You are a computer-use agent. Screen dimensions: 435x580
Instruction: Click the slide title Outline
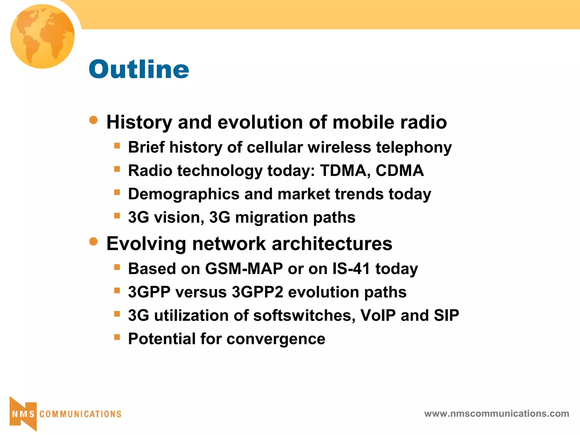click(x=139, y=69)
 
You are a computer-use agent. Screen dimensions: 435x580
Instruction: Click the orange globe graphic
click(x=42, y=36)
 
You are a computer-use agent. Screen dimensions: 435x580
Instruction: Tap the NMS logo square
click(x=23, y=414)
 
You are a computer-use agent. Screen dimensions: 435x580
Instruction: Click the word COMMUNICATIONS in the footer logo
click(x=80, y=414)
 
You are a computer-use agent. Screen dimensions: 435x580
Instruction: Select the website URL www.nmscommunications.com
click(x=496, y=413)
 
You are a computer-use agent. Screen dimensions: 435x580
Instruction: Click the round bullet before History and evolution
click(x=93, y=120)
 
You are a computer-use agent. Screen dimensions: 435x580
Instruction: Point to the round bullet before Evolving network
click(x=93, y=242)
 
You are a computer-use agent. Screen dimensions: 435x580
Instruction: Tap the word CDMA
click(x=400, y=171)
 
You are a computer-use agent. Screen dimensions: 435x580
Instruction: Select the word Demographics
click(x=184, y=194)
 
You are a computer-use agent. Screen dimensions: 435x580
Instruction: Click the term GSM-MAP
click(x=244, y=268)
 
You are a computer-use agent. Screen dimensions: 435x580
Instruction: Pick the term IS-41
click(x=351, y=268)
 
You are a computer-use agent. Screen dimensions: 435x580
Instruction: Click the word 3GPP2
click(x=257, y=292)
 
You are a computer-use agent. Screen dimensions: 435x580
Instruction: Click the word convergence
click(x=276, y=339)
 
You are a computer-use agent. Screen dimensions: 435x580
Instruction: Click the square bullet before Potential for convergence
click(x=117, y=337)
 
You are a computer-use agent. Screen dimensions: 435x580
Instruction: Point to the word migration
click(x=272, y=217)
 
